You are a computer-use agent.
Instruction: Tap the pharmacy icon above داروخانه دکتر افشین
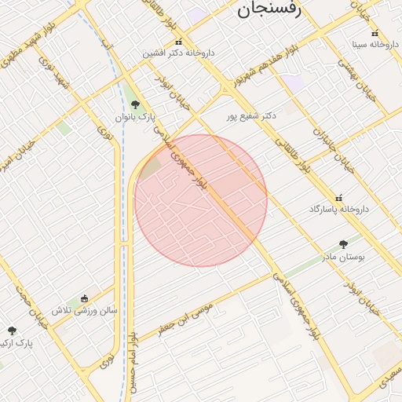(x=178, y=42)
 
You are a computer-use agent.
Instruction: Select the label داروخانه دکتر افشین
(x=178, y=53)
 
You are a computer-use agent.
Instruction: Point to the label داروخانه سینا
(x=374, y=45)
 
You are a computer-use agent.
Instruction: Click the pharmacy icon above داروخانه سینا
(x=375, y=33)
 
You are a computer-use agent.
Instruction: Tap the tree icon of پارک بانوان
(x=135, y=104)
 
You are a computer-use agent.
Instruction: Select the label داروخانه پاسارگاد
(x=339, y=210)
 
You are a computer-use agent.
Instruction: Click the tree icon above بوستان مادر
(x=343, y=244)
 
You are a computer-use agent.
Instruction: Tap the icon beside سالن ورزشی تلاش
(x=84, y=298)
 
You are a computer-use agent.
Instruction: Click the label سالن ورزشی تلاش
(x=84, y=310)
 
